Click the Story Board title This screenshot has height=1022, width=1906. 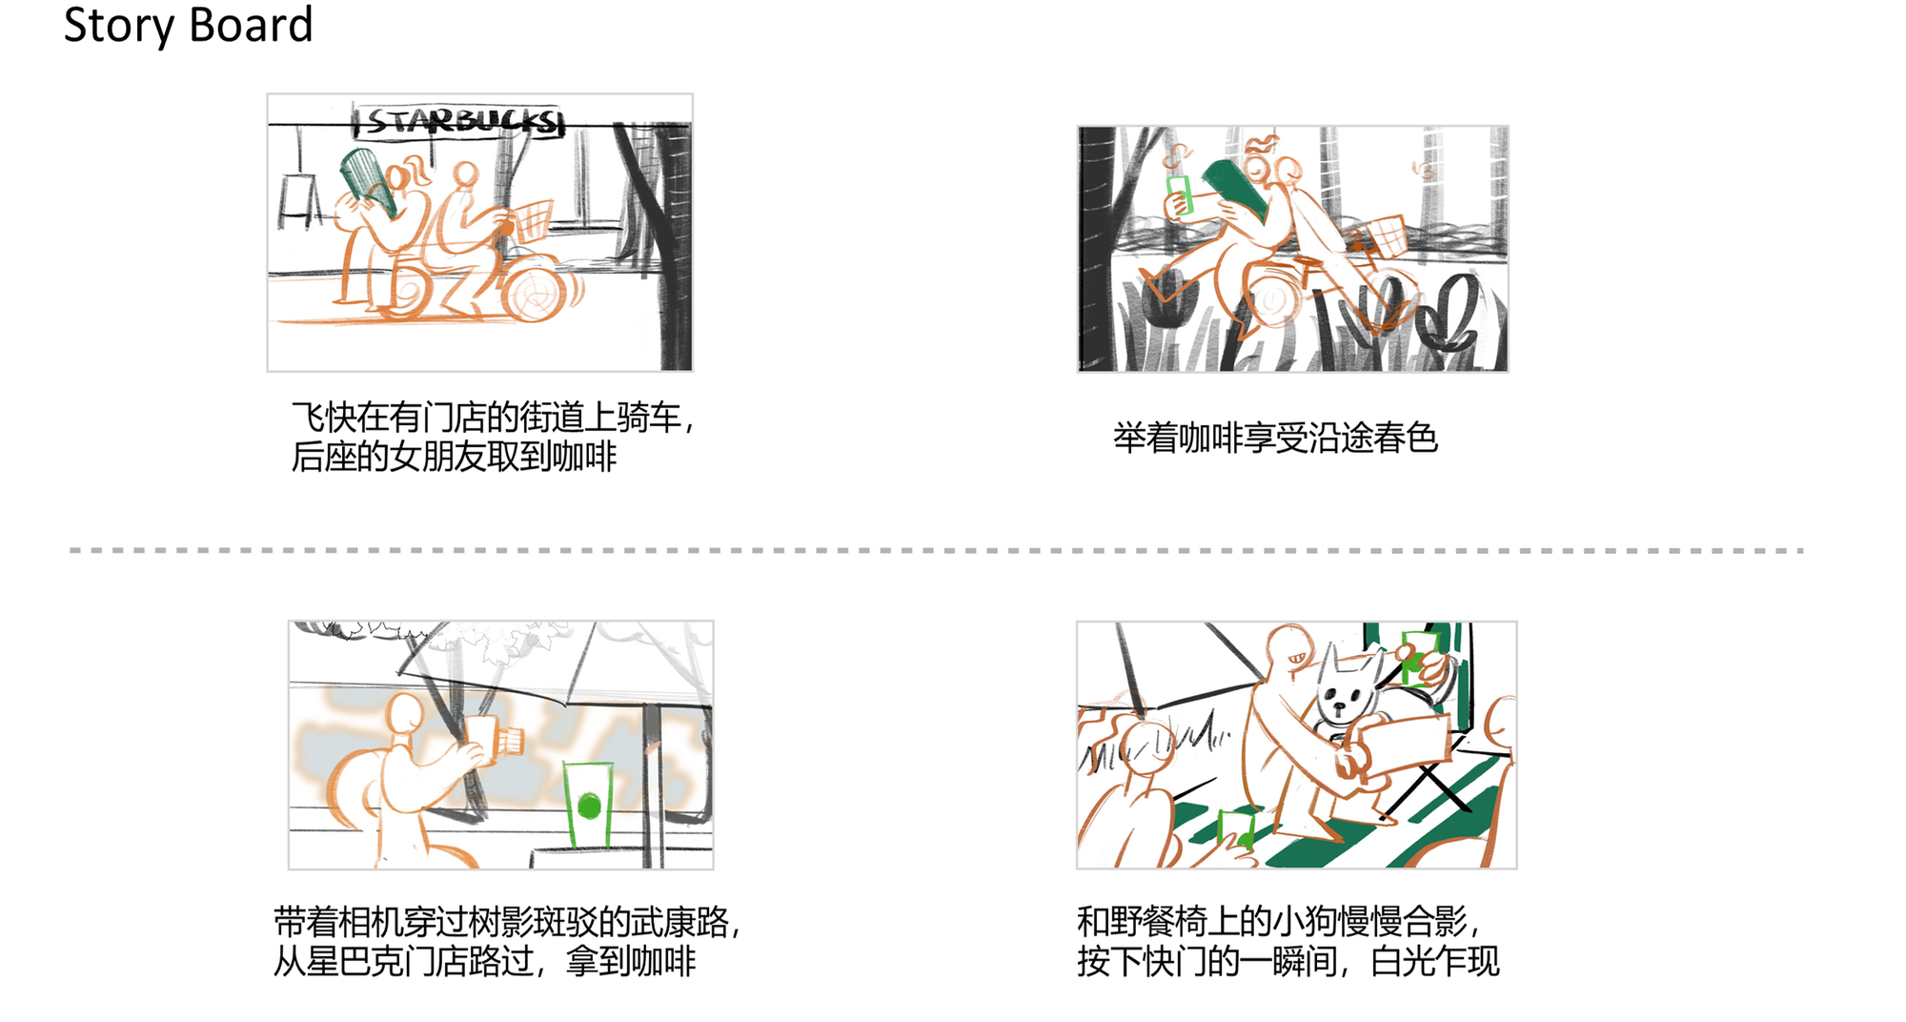coord(188,25)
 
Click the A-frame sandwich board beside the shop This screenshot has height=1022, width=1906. coord(299,201)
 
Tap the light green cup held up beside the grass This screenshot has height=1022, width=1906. coord(1180,194)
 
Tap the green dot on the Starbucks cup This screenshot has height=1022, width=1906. coord(589,807)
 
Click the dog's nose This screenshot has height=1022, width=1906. coord(1341,706)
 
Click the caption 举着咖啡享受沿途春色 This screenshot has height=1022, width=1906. coord(1275,438)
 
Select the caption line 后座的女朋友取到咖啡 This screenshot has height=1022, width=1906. coord(454,457)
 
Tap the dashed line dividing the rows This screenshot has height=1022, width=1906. coord(936,550)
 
